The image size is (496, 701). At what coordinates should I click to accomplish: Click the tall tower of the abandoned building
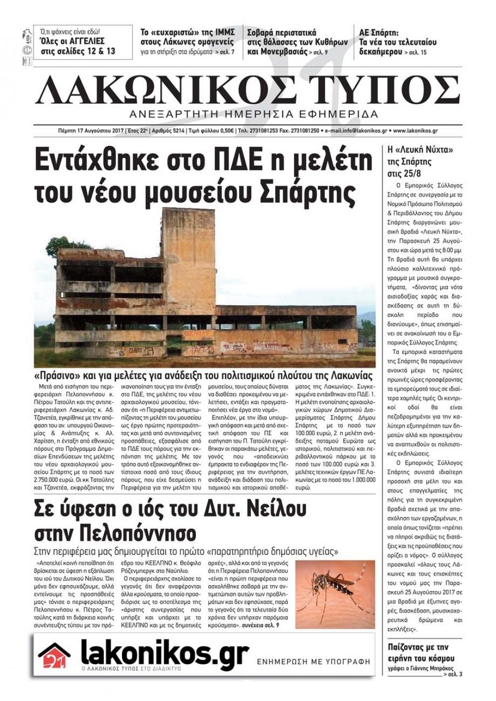tap(180, 258)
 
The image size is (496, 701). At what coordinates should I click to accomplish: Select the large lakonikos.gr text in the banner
tap(164, 653)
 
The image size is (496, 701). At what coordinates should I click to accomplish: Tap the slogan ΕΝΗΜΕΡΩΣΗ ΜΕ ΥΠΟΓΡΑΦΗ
tap(313, 661)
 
